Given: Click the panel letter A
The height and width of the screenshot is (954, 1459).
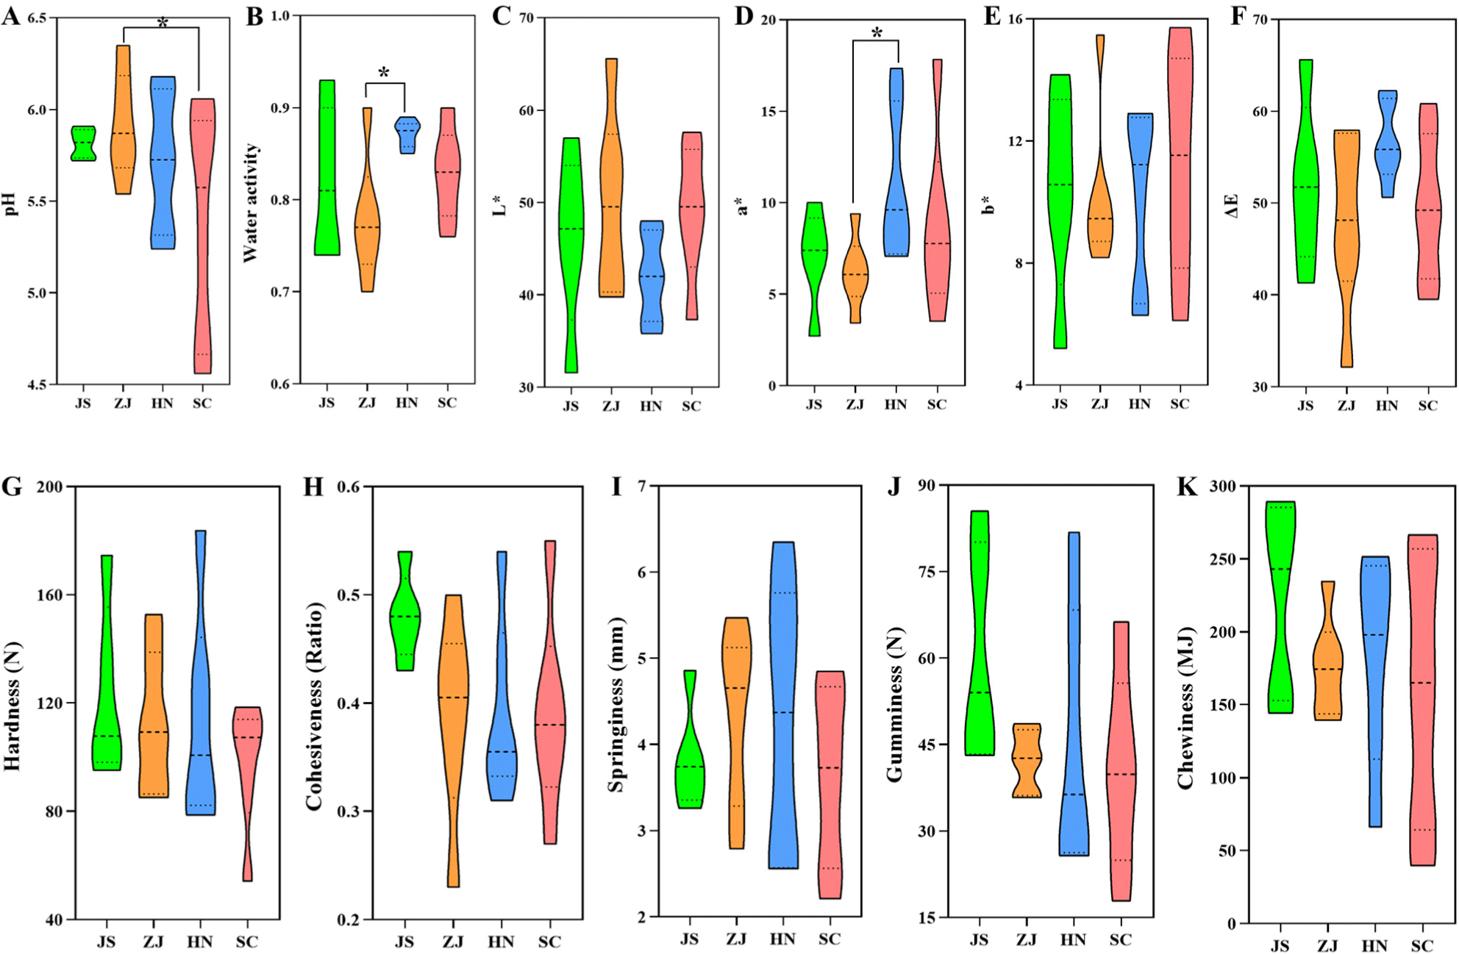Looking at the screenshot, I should point(10,15).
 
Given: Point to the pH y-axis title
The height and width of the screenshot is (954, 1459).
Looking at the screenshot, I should point(10,204).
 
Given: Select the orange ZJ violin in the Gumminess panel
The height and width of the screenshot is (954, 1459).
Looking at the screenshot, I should point(1027,760).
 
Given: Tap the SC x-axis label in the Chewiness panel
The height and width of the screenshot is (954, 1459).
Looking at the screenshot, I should point(1422,946).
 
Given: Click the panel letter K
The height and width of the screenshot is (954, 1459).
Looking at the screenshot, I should point(1187,487).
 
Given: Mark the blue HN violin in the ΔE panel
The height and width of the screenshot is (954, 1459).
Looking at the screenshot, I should point(1387,151).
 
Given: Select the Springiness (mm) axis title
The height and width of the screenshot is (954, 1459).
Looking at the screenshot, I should point(616,704).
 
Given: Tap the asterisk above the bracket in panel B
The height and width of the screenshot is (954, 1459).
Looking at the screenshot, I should point(384,73).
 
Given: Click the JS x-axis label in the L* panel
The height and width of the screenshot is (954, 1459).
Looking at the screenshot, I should point(571,406).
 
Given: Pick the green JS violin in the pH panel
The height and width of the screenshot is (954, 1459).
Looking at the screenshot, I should point(82,143).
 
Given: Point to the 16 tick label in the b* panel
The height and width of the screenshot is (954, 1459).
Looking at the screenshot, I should point(1015,20).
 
